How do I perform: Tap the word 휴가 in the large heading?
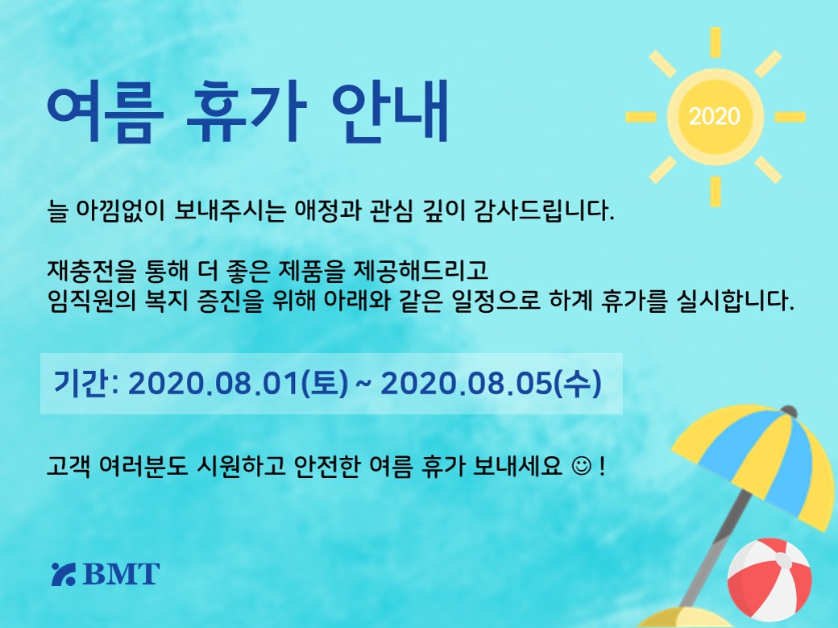[247, 114]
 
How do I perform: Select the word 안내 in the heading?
[390, 114]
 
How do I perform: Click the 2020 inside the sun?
[715, 116]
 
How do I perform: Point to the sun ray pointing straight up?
[715, 42]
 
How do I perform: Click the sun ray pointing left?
[641, 117]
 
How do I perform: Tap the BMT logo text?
[122, 574]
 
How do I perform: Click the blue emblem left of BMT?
[64, 574]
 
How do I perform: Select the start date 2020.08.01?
[214, 384]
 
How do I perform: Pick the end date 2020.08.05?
[466, 384]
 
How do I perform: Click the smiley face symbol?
[582, 466]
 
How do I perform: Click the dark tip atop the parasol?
[788, 412]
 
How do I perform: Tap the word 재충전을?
[91, 271]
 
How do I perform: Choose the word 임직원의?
[91, 301]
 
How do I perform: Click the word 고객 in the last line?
[68, 466]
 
